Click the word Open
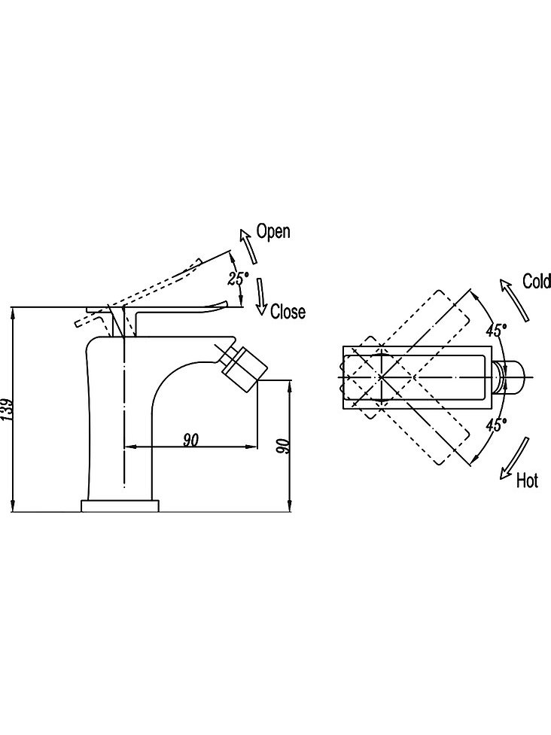272,231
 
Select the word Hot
528,480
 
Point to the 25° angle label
237,278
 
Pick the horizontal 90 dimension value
190,440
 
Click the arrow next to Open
246,244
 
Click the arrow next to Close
260,297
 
